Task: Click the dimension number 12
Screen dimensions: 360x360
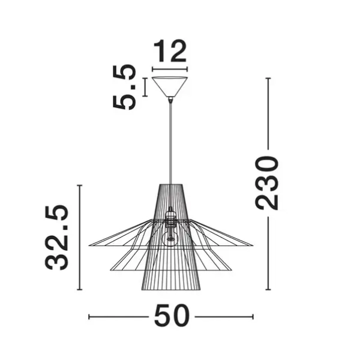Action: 170,53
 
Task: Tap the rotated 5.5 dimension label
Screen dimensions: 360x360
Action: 124,88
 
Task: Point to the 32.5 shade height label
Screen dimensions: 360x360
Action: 58,238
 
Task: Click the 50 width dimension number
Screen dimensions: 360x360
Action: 172,316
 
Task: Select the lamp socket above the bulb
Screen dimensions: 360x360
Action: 171,217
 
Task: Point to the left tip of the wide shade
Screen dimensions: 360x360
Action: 90,245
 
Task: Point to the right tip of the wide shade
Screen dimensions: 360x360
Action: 253,245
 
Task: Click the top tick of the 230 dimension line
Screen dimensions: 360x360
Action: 268,79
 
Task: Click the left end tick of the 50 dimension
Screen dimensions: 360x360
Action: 89,316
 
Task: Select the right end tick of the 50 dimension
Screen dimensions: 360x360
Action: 253,316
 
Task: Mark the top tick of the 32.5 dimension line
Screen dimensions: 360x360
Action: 80,186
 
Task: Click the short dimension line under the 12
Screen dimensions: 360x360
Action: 170,70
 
